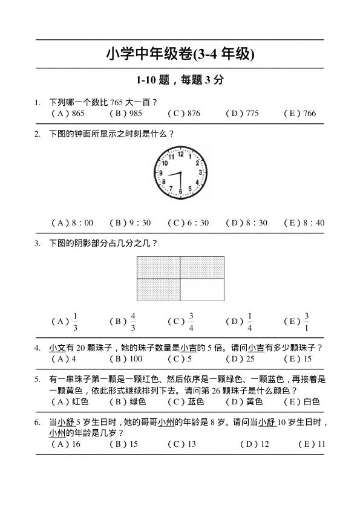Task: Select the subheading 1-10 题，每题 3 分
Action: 180,80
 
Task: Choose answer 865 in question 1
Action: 78,113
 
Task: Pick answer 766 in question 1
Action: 309,113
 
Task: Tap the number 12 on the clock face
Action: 180,154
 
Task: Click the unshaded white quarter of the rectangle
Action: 202,290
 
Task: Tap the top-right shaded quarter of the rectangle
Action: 202,267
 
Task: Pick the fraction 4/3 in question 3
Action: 133,322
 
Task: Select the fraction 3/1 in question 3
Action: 307,322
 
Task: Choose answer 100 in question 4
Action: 135,358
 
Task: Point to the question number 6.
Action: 37,423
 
